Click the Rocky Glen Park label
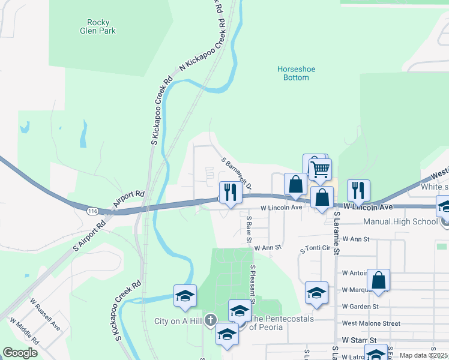[97, 26]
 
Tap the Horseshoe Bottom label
[296, 73]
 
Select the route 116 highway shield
[92, 211]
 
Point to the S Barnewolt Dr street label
[236, 173]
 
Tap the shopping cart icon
[320, 169]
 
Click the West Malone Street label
[370, 323]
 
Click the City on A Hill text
[177, 321]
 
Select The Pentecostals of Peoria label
[282, 323]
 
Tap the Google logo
[20, 352]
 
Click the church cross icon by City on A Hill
[209, 320]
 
